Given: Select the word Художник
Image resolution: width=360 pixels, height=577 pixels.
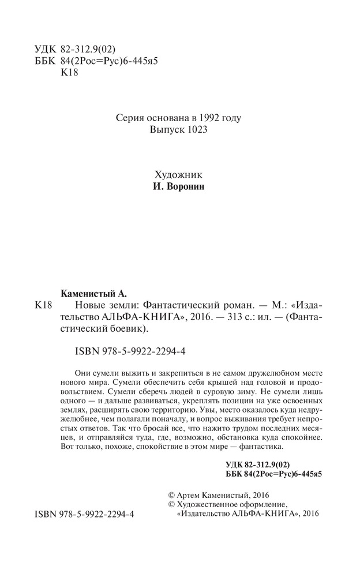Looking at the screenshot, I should click(179, 175).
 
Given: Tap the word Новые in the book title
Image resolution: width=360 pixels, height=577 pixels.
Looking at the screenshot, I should click(91, 305).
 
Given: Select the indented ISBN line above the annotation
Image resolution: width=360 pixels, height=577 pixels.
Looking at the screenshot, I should click(126, 350).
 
